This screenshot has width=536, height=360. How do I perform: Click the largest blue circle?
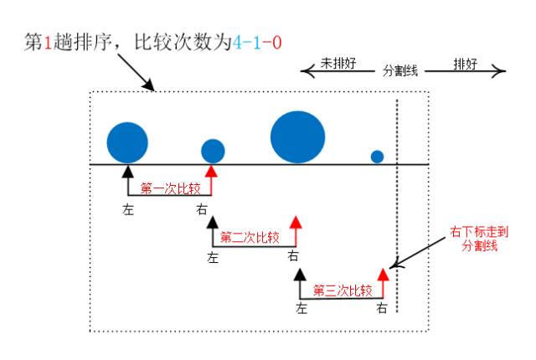pos(297,137)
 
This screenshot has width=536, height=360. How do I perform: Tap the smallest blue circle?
pos(377,157)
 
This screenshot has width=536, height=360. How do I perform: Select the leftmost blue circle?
pos(127,141)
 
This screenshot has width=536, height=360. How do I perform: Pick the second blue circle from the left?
pos(213,151)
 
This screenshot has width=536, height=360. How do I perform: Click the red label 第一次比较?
pos(169,188)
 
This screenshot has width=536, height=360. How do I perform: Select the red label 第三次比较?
pos(342,291)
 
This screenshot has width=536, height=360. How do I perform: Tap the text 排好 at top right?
pos(465,63)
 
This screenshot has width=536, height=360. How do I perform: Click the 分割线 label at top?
pos(400,71)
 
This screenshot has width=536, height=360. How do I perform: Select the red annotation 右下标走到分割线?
pos(474,239)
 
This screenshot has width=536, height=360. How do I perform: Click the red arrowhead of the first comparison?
pos(212,171)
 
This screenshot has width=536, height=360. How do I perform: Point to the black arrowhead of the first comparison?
pos(127,171)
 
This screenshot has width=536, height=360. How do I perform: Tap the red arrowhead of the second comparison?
pos(294,222)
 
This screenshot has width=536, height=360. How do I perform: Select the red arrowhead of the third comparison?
pos(384,274)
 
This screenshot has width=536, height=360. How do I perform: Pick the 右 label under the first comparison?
pos(202,209)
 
